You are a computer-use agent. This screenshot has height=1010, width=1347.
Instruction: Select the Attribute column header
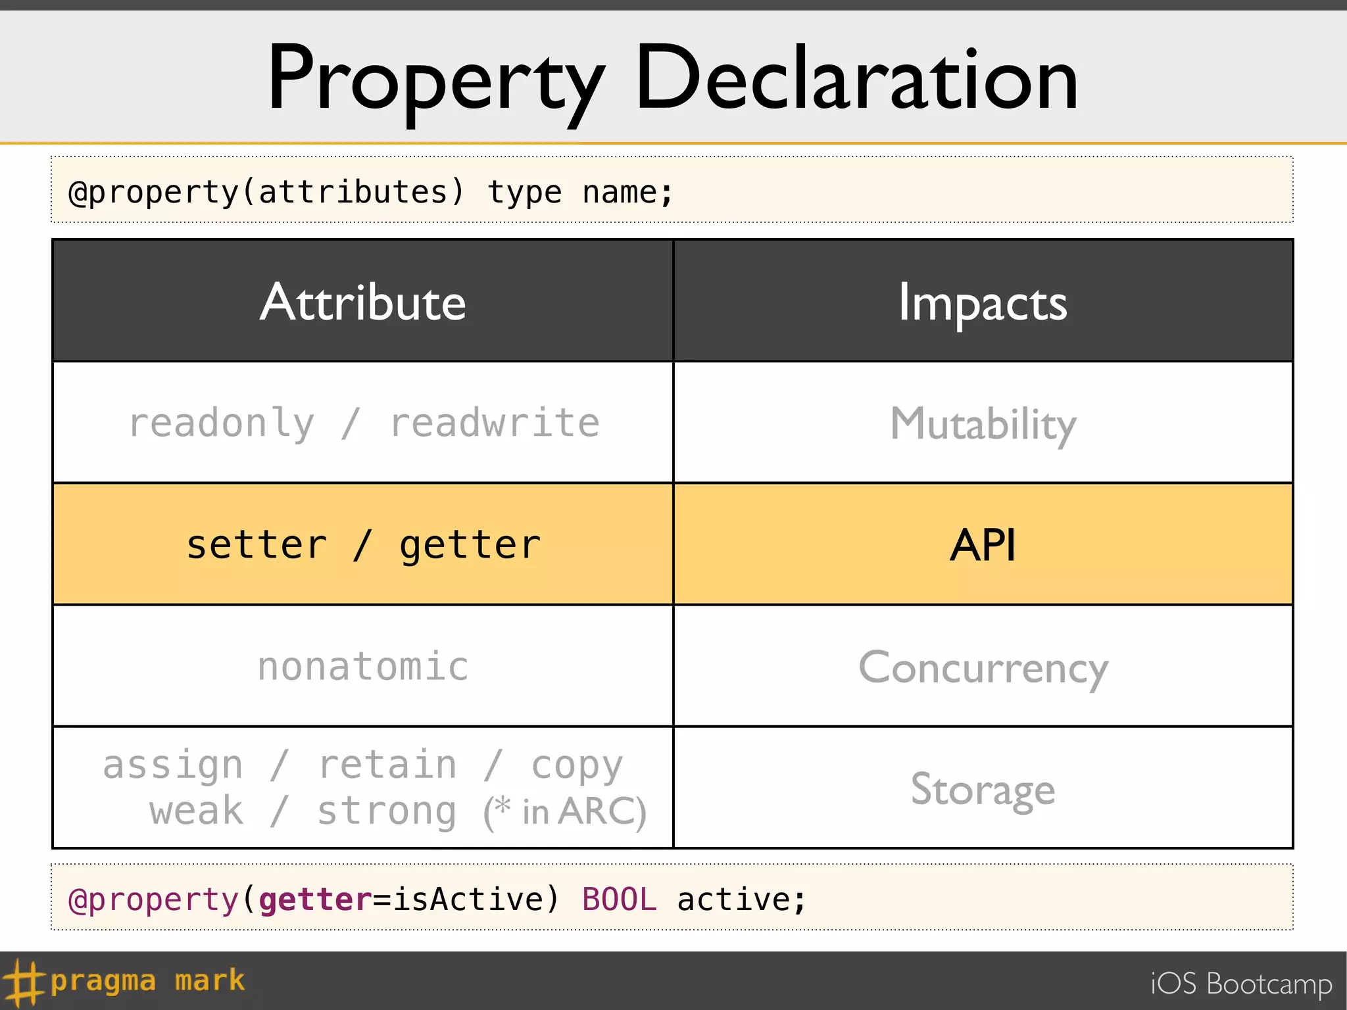tap(363, 302)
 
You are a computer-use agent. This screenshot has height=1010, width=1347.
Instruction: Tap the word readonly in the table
tap(222, 423)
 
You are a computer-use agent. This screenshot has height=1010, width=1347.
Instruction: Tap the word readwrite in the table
tap(495, 423)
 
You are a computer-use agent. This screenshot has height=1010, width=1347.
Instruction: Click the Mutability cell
tap(983, 424)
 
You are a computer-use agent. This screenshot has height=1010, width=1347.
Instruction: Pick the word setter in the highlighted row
tap(257, 545)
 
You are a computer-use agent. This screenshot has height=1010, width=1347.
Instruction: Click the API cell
tap(983, 545)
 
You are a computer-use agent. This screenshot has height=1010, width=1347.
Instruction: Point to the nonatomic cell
tap(363, 667)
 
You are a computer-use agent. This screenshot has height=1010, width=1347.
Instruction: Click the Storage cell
tap(983, 789)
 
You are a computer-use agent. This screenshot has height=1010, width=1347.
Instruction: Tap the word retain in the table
tap(387, 765)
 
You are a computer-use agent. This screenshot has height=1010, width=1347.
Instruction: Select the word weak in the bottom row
tap(196, 811)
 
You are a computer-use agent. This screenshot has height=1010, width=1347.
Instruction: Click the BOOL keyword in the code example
tap(619, 899)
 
